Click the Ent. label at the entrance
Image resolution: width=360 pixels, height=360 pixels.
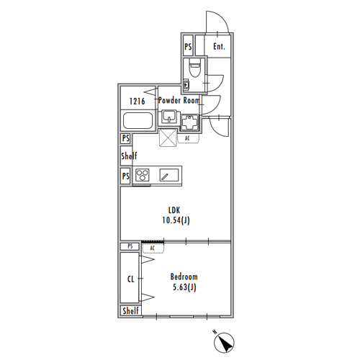coord(219,46)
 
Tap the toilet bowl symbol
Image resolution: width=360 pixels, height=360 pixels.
coord(194,68)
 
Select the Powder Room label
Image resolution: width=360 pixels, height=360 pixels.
coord(179,100)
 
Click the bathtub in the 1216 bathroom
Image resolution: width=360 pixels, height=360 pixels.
coord(138,121)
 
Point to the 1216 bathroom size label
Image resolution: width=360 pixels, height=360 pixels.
coord(138,101)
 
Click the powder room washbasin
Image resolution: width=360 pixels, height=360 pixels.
coord(169,117)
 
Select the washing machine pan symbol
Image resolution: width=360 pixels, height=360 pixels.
coord(189,122)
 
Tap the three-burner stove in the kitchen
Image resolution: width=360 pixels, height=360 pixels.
coord(143,175)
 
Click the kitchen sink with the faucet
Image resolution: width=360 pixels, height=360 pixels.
coord(169,175)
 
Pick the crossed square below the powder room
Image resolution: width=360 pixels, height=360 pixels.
coord(168,138)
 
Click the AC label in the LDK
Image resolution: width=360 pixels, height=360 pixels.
coord(187,138)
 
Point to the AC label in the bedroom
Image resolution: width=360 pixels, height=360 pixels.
coord(152,248)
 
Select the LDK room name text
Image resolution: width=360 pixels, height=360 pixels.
coord(174,210)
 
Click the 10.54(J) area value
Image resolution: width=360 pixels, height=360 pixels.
coord(176,220)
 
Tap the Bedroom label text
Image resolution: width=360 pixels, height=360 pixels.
coord(184,276)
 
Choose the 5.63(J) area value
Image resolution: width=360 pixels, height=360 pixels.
coord(184,287)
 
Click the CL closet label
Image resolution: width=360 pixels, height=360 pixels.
coord(131,279)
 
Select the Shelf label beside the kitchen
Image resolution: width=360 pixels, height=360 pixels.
coord(129,156)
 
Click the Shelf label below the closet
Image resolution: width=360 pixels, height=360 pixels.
coord(131,311)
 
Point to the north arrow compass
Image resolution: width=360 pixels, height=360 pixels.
coord(224,342)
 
